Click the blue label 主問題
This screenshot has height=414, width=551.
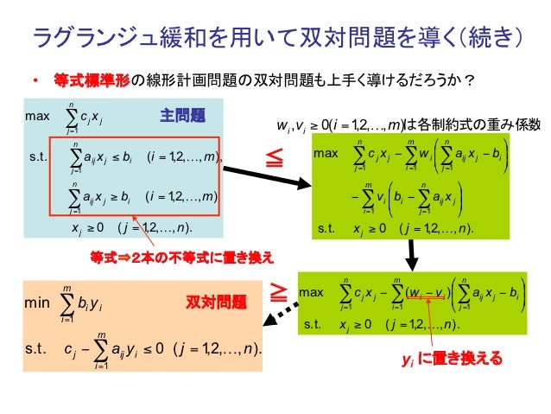[182, 115]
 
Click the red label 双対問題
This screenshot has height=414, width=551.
[216, 303]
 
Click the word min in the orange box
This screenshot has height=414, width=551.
[37, 304]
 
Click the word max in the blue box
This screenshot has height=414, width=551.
[38, 115]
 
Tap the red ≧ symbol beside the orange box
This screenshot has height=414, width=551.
[278, 291]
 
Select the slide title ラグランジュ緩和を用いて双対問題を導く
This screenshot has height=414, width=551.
[275, 37]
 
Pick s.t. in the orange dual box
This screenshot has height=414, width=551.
[35, 348]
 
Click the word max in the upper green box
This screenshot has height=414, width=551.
[327, 153]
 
